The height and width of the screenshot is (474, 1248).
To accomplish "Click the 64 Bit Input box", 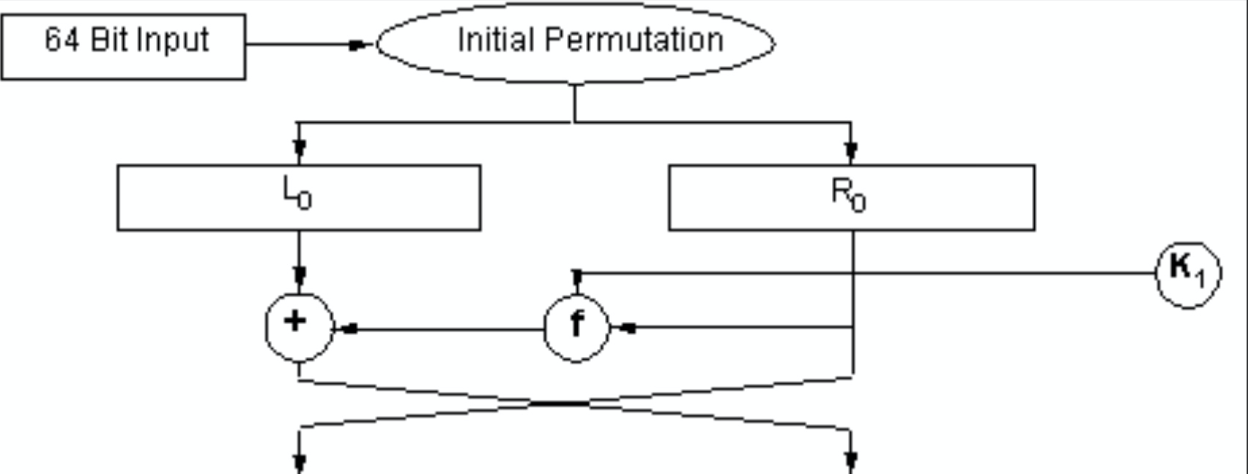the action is pos(123,46).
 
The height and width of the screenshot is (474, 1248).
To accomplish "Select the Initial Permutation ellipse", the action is pos(576,42).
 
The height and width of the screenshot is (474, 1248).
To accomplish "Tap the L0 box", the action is pos(299,197).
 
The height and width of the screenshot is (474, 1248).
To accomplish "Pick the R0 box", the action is pos(851,197).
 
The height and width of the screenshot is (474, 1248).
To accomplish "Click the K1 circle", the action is pos(1188,274).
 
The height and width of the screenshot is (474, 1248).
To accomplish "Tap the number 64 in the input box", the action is pos(62,39).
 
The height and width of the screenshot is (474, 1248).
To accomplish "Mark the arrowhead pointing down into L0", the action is pos(299,152).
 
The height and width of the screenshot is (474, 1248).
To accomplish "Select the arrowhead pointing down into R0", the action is pos(851,152).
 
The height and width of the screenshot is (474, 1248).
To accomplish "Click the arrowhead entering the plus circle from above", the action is pos(299,276).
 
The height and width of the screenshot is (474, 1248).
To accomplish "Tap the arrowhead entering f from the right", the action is pos(625,328).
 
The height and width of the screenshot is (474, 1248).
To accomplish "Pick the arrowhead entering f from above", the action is pos(577,277).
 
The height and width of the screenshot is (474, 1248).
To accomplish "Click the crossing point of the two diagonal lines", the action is pos(560,403).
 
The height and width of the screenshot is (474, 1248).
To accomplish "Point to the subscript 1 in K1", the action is pos(1200,279).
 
